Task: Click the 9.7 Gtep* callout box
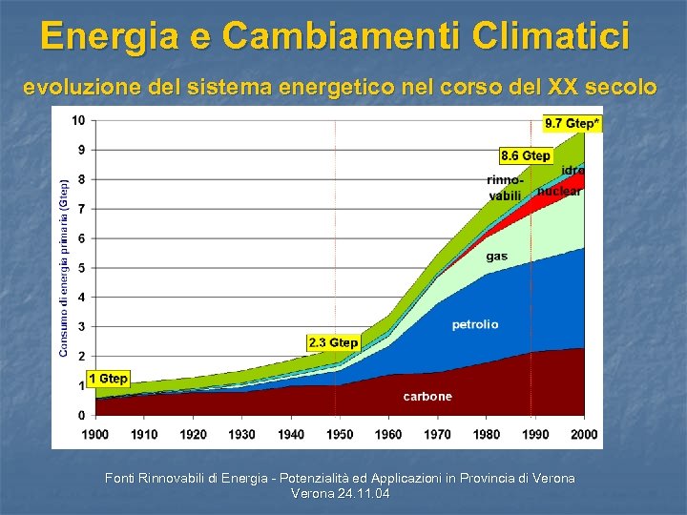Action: pos(572,123)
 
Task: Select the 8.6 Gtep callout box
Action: pos(525,154)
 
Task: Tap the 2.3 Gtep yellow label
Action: pos(333,342)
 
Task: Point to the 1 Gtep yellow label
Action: pos(108,379)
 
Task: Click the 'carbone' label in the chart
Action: pos(427,396)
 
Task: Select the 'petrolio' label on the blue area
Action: pos(475,325)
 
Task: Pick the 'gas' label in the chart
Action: pos(497,256)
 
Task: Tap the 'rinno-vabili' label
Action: pos(505,188)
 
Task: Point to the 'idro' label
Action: pos(572,170)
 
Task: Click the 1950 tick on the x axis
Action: pos(340,434)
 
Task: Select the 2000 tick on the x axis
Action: pos(584,434)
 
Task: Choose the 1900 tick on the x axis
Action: pos(95,434)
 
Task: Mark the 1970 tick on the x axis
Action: pos(437,434)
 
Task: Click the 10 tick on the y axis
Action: pos(78,120)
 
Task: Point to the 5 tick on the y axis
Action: pos(81,268)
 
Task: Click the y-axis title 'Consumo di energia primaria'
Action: pos(64,267)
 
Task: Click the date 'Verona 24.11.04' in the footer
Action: pos(340,494)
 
